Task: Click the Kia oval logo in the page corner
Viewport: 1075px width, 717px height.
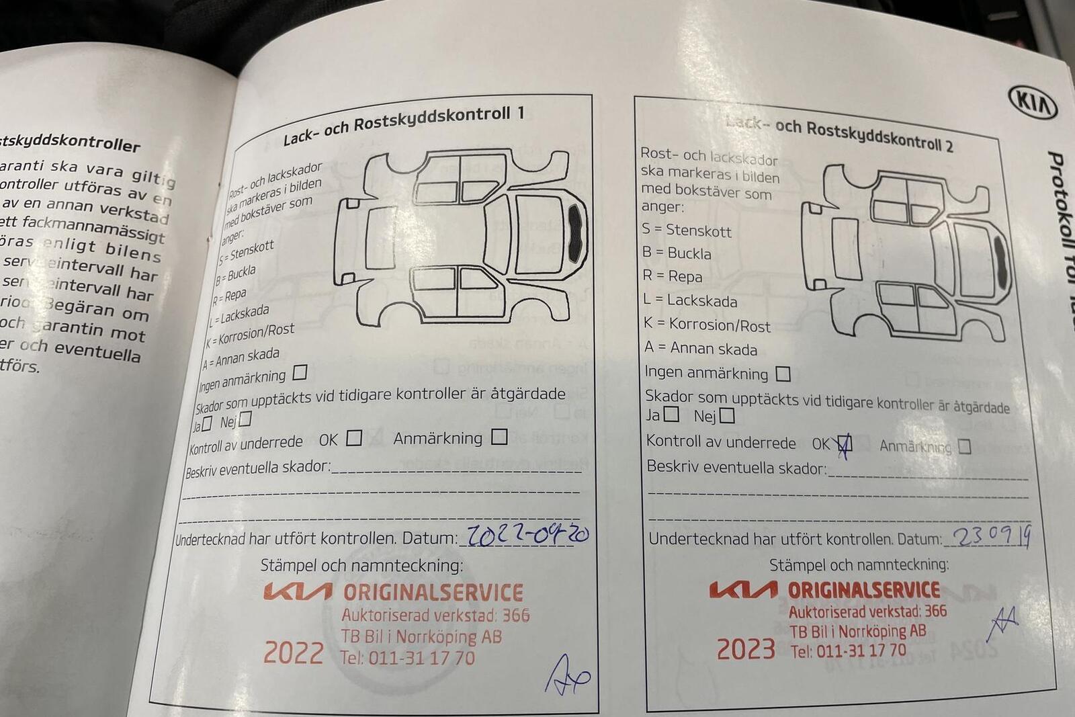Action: pos(1033,102)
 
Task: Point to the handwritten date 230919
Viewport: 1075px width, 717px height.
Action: pos(992,536)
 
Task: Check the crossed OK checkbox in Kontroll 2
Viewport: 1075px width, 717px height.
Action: pos(844,444)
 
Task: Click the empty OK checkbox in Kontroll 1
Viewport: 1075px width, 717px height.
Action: pos(354,438)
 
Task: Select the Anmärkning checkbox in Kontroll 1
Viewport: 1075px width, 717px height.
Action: pos(499,437)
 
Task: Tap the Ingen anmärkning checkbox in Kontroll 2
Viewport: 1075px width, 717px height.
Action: pos(783,373)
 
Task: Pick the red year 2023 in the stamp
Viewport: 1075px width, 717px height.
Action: pos(746,649)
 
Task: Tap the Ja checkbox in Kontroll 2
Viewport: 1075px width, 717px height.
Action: pos(671,415)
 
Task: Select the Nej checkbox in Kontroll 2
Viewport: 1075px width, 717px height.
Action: pos(726,416)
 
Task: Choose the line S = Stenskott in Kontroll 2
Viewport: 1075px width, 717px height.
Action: pos(686,230)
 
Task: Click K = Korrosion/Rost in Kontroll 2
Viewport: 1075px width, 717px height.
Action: pos(707,325)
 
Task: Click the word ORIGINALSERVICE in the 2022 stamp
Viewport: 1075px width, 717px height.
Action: pos(433,592)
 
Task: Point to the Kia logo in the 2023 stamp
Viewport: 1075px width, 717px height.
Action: pos(743,590)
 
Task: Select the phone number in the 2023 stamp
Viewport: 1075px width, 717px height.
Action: pos(848,650)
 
